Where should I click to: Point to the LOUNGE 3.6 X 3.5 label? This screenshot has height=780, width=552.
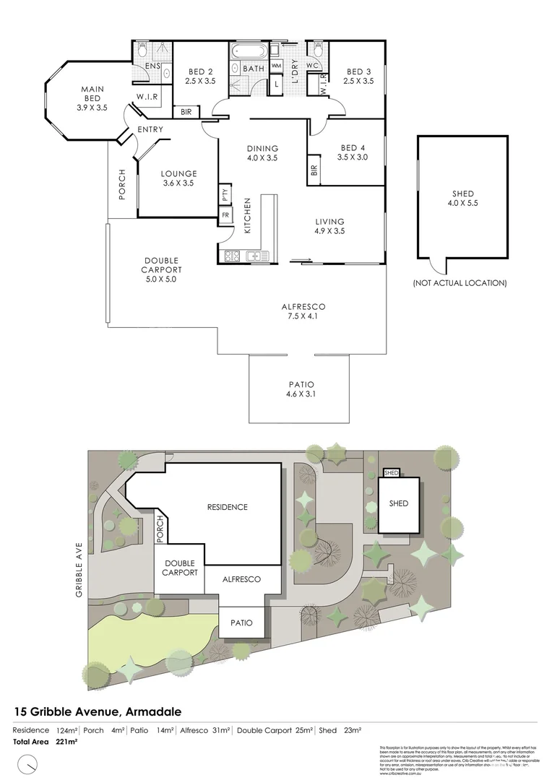click(178, 178)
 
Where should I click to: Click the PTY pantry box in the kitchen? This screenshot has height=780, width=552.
click(225, 194)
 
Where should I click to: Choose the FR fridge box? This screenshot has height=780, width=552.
click(225, 215)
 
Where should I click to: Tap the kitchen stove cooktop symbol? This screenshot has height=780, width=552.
click(232, 256)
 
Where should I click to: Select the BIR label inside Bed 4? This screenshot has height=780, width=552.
click(314, 170)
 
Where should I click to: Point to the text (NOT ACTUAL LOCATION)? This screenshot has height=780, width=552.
click(459, 282)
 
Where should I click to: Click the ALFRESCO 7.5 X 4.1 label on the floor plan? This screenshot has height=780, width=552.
click(303, 311)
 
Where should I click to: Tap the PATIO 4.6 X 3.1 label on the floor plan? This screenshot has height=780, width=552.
click(300, 389)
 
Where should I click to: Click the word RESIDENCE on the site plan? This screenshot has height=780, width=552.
click(227, 507)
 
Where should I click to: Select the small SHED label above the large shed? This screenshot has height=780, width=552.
click(392, 472)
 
